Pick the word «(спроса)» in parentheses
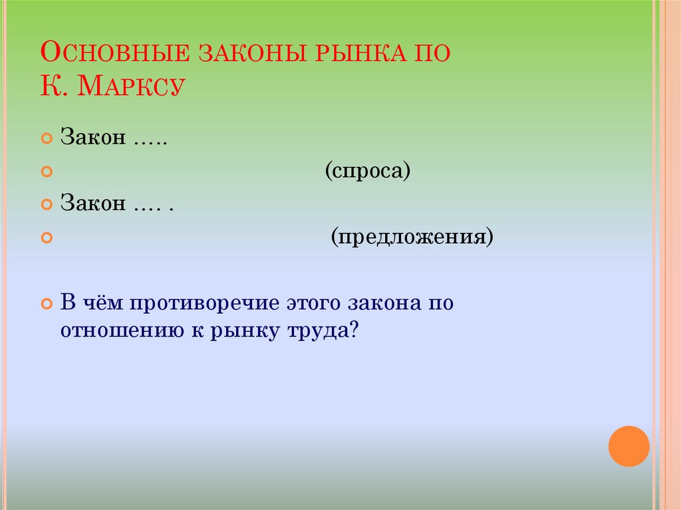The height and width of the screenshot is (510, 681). [368, 172]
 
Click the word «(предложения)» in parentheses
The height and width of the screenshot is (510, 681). [413, 236]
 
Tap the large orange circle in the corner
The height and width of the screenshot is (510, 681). [628, 446]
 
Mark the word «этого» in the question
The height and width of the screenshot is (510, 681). [311, 303]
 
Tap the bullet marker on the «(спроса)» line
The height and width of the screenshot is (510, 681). [47, 172]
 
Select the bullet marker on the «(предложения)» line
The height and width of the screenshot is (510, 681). [47, 237]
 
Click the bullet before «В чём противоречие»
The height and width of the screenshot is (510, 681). [47, 304]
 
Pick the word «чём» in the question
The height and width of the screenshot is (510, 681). [107, 303]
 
